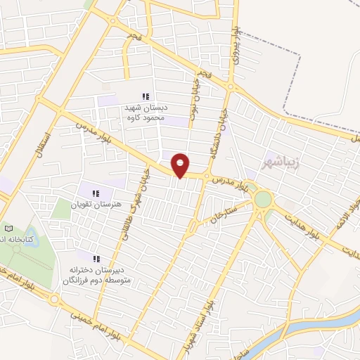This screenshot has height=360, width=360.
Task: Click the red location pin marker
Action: tap(181, 165)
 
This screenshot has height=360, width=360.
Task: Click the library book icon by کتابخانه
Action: tap(9, 229)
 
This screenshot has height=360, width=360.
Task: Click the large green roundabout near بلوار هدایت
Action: tap(262, 200)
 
